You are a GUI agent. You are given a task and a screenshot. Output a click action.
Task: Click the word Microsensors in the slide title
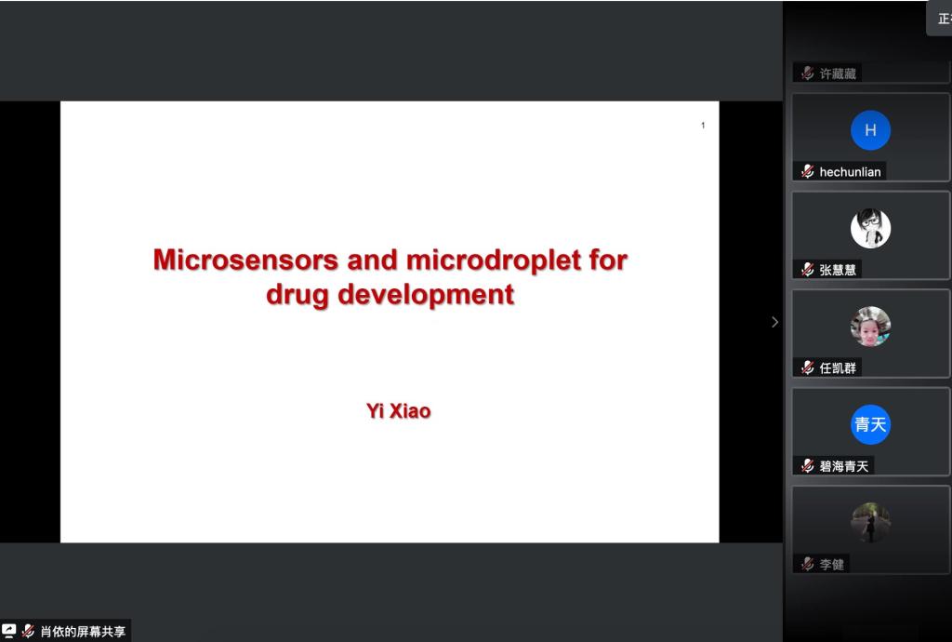(x=245, y=260)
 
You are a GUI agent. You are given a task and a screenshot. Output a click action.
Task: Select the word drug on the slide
(x=297, y=296)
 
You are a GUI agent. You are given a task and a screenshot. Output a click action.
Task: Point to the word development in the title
(x=426, y=296)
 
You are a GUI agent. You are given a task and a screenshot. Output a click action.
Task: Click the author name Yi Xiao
(x=398, y=411)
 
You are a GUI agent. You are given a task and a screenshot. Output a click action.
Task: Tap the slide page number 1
(x=703, y=125)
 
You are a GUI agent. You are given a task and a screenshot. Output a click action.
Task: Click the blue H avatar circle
(x=870, y=130)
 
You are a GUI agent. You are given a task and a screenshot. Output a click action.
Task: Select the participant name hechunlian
(x=850, y=172)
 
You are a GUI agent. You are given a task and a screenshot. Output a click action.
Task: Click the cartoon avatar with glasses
(x=870, y=228)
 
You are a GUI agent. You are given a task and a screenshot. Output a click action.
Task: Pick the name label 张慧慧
(x=838, y=270)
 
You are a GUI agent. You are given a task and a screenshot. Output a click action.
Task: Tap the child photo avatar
(x=870, y=327)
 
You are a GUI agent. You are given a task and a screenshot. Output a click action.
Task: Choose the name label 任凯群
(x=838, y=368)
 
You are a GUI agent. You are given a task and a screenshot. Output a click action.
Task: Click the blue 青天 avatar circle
(x=870, y=424)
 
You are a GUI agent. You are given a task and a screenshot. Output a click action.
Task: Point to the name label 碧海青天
(x=844, y=466)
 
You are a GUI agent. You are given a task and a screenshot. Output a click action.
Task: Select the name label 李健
(x=832, y=565)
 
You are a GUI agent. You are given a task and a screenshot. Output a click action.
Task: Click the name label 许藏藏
(x=838, y=74)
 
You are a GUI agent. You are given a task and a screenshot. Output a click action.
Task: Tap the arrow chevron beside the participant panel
(x=774, y=322)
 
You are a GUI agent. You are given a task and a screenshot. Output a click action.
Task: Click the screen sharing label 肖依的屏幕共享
(x=83, y=632)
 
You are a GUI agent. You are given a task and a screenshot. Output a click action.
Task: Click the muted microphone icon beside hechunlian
(x=807, y=171)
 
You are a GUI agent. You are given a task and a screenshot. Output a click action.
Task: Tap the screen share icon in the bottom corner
(x=8, y=631)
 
